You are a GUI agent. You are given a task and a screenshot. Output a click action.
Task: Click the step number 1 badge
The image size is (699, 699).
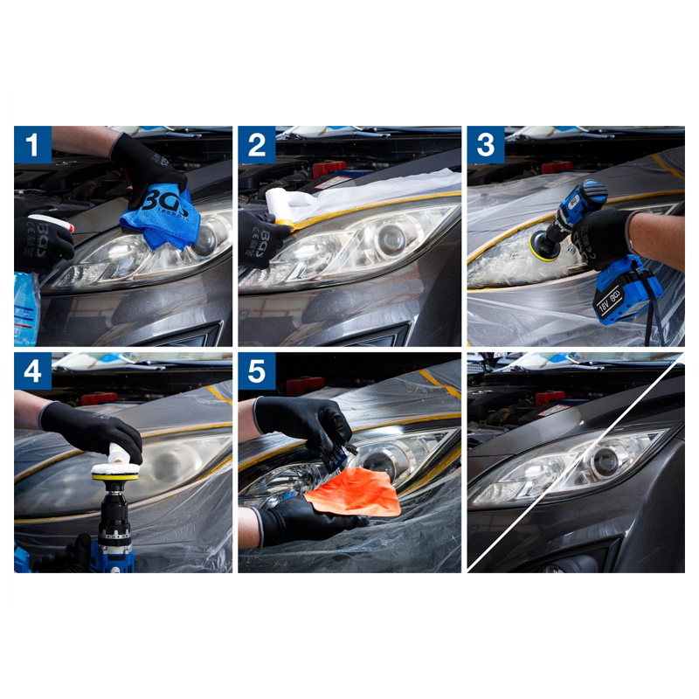point(33,145)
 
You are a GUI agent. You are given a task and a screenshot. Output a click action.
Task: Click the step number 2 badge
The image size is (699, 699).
point(257,145)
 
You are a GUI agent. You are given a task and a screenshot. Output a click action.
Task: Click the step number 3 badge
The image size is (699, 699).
point(485,145)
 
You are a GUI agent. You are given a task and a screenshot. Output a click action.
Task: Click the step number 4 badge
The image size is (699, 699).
point(33,371)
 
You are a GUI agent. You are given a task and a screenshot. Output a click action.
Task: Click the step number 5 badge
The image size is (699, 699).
point(257,371)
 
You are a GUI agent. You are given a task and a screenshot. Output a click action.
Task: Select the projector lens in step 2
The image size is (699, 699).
point(391,239)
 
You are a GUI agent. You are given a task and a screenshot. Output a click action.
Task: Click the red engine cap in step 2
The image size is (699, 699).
point(329,169)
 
